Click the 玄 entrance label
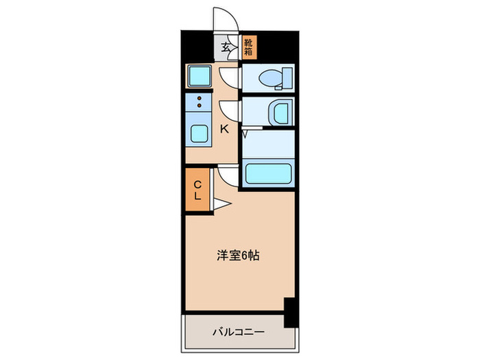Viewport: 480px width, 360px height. (226, 48)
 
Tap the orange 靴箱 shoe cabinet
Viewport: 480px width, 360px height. (248, 46)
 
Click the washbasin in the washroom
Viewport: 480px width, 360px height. (277, 112)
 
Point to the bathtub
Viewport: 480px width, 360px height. (268, 175)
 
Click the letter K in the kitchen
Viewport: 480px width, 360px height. (224, 128)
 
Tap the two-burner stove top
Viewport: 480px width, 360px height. (200, 103)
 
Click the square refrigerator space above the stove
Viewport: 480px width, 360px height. (199, 75)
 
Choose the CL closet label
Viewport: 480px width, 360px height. (197, 189)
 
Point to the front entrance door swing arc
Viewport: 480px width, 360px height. (224, 19)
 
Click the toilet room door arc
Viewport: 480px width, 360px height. (232, 77)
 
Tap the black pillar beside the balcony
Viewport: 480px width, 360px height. (289, 311)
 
